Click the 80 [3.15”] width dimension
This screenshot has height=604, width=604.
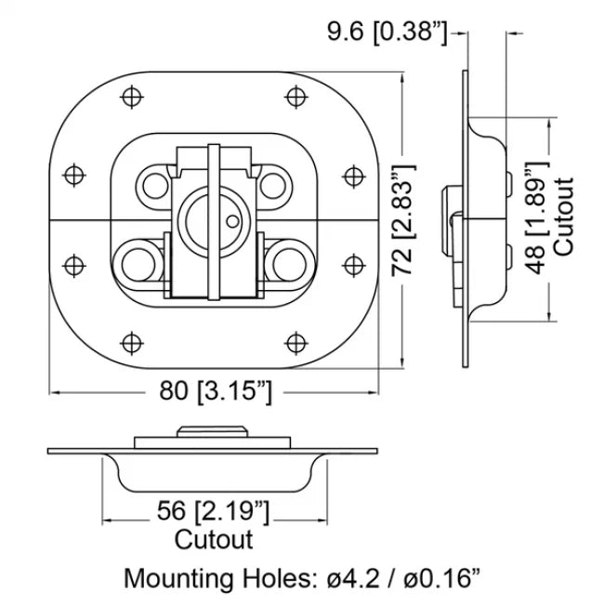coord(215,391)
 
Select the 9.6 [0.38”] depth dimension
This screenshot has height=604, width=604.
coord(387,33)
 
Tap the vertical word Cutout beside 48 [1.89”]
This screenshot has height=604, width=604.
coord(565,216)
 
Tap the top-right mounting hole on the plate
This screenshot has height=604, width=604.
coord(295,95)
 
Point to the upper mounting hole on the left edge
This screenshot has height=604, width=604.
coord(74,175)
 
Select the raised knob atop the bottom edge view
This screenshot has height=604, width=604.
coord(214,431)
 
